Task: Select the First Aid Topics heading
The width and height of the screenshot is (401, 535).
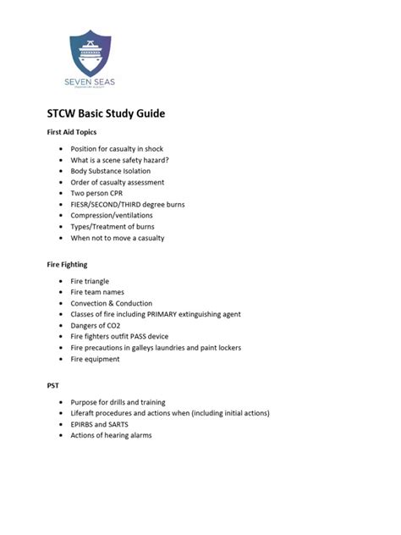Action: coord(71,132)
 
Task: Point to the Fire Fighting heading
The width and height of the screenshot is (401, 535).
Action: coord(67,264)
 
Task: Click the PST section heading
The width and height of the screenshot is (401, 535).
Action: coord(52,385)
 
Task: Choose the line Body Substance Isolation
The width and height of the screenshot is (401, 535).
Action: coord(110,171)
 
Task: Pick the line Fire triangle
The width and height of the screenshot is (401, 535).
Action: coord(90,281)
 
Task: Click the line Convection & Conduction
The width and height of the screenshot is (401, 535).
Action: coord(112,303)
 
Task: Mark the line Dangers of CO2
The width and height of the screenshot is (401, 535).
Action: coord(96,325)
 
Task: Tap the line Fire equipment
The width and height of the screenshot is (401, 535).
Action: coord(96,358)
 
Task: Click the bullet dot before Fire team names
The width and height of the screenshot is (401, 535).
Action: coord(60,292)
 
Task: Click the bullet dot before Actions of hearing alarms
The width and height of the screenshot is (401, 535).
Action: coord(60,435)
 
